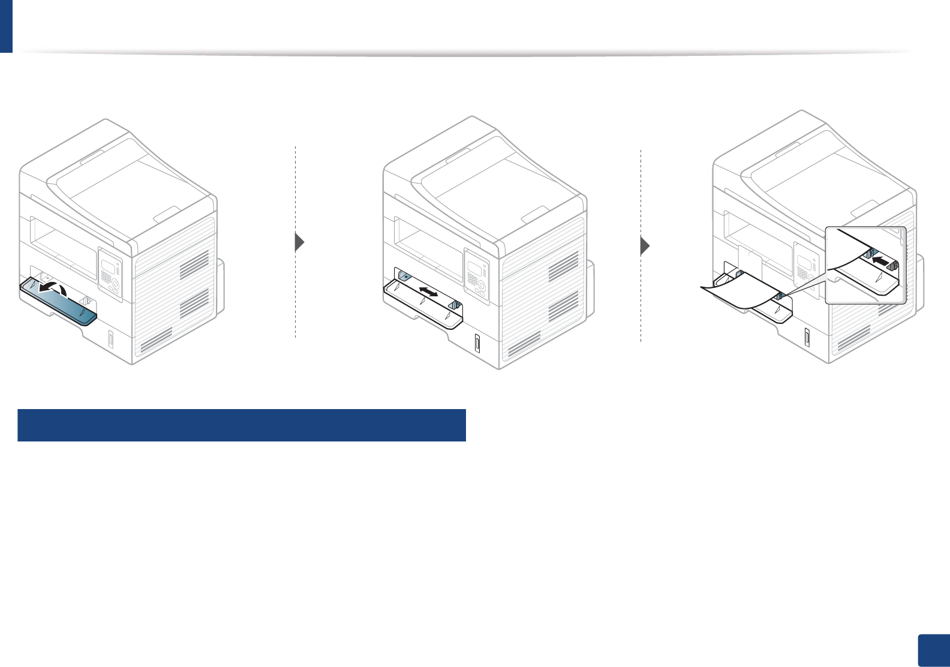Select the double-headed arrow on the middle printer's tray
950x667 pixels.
click(428, 292)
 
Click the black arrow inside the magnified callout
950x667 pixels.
click(880, 261)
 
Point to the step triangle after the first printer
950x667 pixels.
click(300, 242)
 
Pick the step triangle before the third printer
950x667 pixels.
click(645, 246)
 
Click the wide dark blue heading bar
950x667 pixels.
click(242, 425)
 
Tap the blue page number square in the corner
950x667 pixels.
click(934, 650)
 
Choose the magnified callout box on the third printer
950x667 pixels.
click(865, 265)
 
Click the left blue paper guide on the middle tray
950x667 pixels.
click(403, 277)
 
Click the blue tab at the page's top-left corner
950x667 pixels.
click(6, 26)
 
